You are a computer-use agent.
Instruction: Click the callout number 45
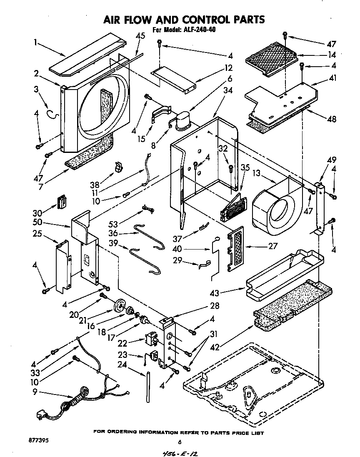point(140,36)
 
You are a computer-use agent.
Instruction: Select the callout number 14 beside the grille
point(332,54)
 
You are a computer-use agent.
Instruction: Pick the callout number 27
point(273,246)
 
